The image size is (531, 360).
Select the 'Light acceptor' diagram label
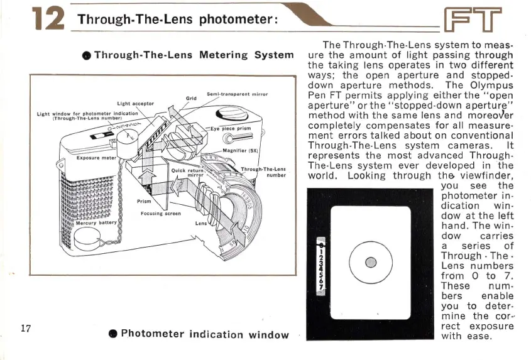(135, 102)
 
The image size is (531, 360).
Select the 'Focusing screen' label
(160, 213)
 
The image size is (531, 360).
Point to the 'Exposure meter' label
(96, 158)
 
